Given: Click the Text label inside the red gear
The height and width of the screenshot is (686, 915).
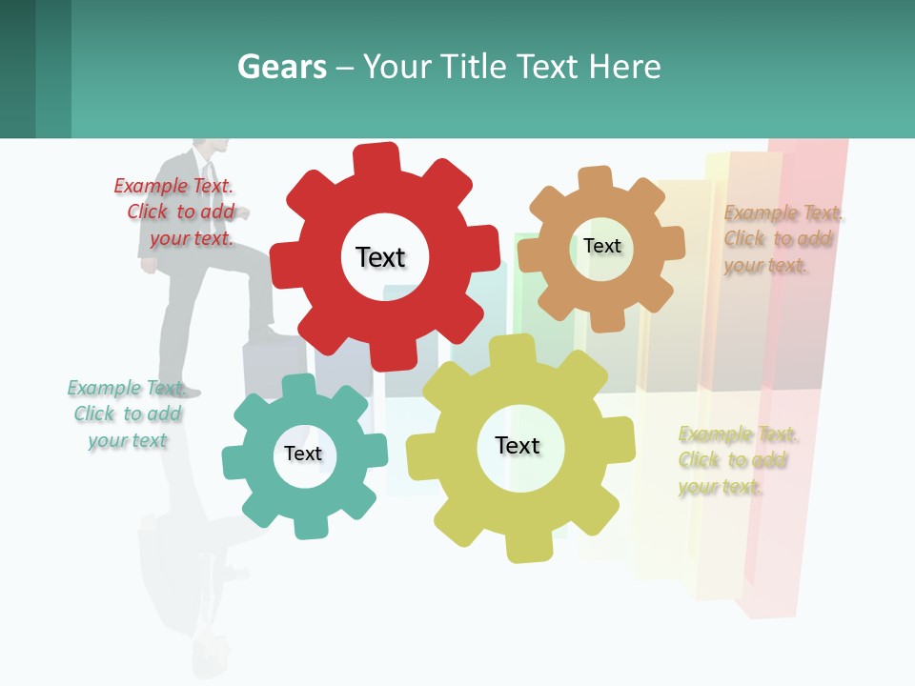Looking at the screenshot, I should coord(380,257).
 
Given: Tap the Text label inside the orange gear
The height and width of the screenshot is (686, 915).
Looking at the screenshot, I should coord(601,246).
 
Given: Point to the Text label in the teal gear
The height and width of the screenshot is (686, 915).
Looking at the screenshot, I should coord(303,454).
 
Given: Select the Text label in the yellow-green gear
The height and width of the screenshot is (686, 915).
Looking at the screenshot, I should coord(518,445).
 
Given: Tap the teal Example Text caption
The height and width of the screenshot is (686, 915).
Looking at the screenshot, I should coord(125,414).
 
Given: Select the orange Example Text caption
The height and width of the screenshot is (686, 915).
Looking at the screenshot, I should coord(783,239).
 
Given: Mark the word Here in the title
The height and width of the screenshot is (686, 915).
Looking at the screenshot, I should coord(624,67).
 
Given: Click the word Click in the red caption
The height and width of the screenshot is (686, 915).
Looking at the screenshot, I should coord(148,212).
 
